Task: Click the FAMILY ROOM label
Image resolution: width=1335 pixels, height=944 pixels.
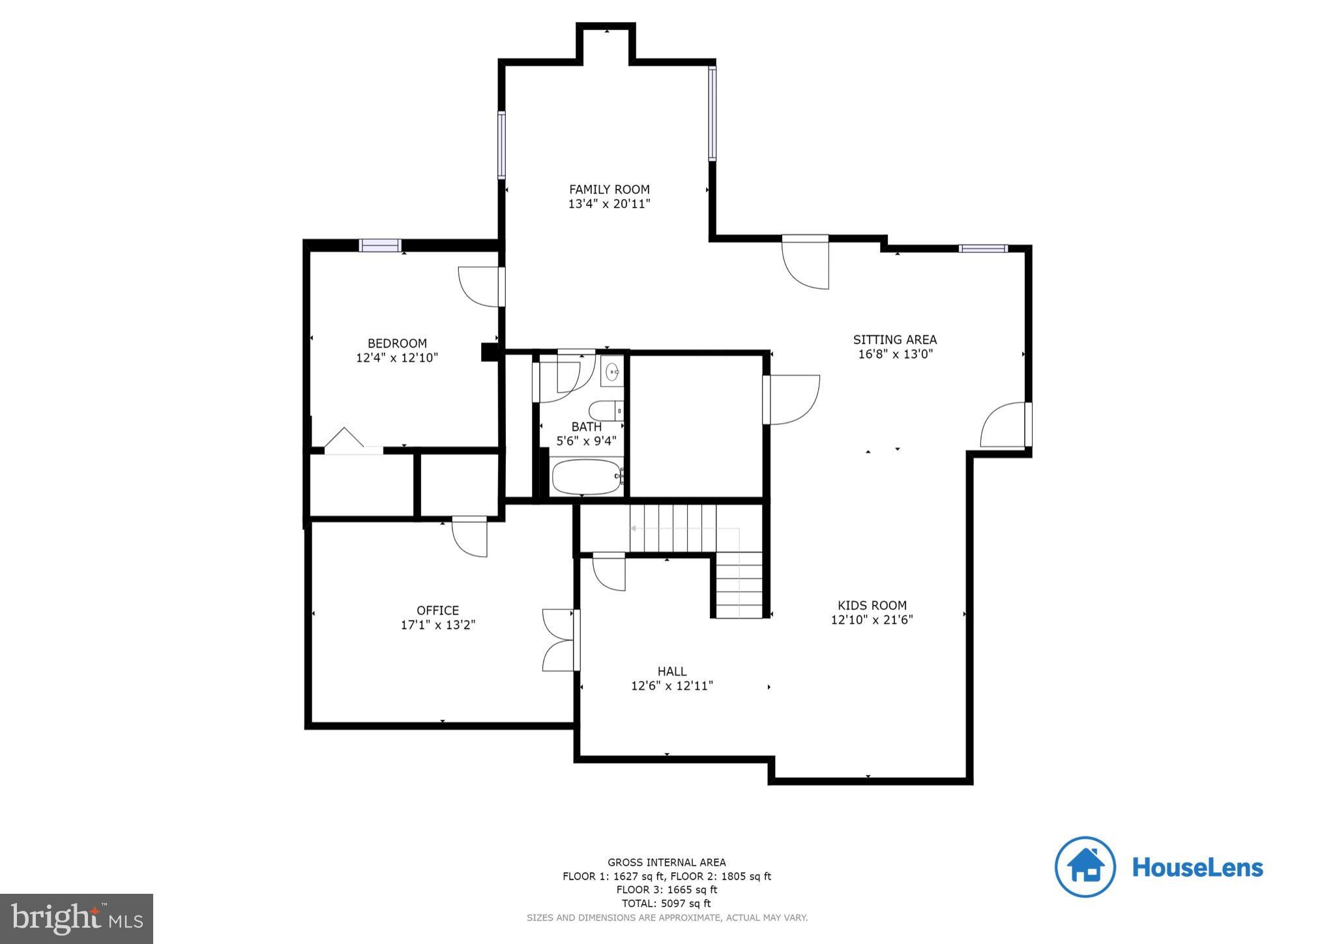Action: pos(609,190)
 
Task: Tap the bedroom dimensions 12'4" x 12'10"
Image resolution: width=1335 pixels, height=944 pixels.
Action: pos(397,358)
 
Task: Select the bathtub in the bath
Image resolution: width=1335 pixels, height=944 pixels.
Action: pos(587,477)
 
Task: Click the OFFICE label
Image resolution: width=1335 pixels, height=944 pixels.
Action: pos(437,610)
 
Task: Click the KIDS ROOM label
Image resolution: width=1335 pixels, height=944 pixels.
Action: pos(872,605)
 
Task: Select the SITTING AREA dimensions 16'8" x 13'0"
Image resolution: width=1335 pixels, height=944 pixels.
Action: pos(895,354)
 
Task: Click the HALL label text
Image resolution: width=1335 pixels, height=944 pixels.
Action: pos(671,671)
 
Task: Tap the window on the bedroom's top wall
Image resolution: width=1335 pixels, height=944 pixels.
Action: pos(380,245)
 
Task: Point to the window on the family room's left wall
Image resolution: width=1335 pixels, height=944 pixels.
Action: pos(501,145)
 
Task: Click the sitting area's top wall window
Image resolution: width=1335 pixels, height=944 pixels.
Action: pos(982,248)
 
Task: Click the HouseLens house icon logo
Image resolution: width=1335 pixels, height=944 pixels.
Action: pos(1085,867)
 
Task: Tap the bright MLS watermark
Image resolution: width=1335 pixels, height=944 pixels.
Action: pos(76,919)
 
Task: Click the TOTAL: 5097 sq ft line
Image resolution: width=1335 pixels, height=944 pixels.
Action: pos(666,903)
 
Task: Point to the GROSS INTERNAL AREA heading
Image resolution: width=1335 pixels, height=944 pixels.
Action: pos(666,862)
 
